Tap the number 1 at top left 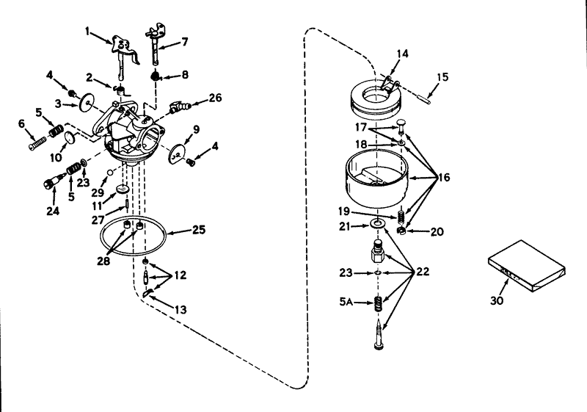(x=87, y=32)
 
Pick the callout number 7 (x=185, y=43)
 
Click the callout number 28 (x=103, y=259)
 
